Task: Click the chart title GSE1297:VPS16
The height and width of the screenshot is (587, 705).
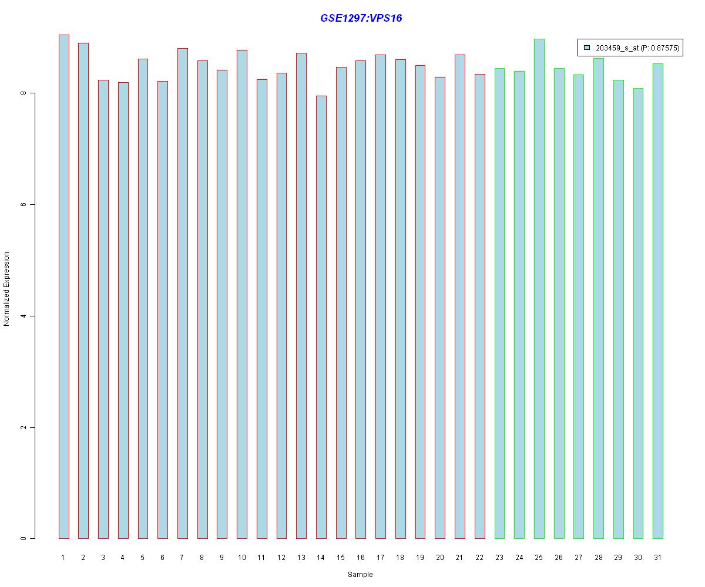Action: click(x=361, y=18)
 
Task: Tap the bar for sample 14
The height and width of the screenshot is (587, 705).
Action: click(x=321, y=317)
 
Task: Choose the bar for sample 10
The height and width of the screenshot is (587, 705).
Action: click(x=241, y=294)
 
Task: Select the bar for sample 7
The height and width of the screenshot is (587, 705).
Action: click(x=182, y=293)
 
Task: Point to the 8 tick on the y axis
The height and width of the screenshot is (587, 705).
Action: click(x=32, y=93)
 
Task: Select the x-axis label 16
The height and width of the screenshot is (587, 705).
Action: click(x=360, y=557)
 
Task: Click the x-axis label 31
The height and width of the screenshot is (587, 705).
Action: click(x=657, y=557)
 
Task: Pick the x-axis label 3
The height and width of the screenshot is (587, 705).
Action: click(x=103, y=557)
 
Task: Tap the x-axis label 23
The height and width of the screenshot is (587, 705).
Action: click(x=499, y=557)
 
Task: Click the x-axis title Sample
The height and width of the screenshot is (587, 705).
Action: click(x=360, y=575)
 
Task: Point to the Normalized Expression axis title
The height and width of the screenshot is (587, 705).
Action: click(x=7, y=289)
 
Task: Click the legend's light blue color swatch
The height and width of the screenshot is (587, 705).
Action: click(x=586, y=48)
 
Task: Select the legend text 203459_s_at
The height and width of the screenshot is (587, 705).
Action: click(x=616, y=48)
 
